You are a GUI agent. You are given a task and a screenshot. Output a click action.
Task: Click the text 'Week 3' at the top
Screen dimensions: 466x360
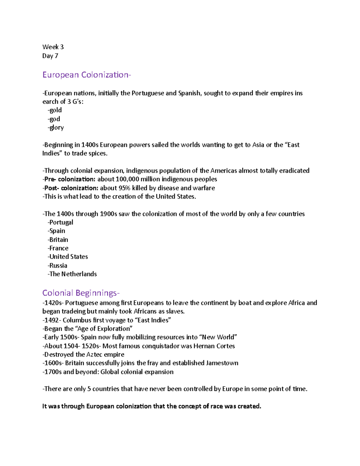(x=53, y=47)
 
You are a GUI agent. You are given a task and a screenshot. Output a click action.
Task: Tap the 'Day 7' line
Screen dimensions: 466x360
(x=50, y=56)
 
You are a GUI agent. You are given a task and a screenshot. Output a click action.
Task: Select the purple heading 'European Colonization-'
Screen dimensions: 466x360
(x=86, y=75)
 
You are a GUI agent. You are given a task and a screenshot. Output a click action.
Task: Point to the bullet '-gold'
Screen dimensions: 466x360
(x=55, y=110)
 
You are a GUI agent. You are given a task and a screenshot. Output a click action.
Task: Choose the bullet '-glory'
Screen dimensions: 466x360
(x=55, y=128)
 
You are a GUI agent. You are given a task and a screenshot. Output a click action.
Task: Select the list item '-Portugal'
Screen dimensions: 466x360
(x=60, y=222)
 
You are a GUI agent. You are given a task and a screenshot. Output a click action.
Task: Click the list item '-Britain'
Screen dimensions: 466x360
(x=58, y=240)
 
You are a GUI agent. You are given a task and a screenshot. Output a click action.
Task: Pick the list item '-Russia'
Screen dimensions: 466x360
(x=57, y=266)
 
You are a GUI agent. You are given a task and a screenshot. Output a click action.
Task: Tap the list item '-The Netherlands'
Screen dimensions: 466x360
(x=72, y=274)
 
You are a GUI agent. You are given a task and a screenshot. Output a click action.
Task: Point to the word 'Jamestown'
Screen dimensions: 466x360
(x=222, y=363)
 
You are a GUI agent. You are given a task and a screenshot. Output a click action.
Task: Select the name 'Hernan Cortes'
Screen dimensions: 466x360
(x=214, y=346)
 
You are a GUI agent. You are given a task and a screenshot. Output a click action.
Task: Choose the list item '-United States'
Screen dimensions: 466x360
(x=68, y=257)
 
